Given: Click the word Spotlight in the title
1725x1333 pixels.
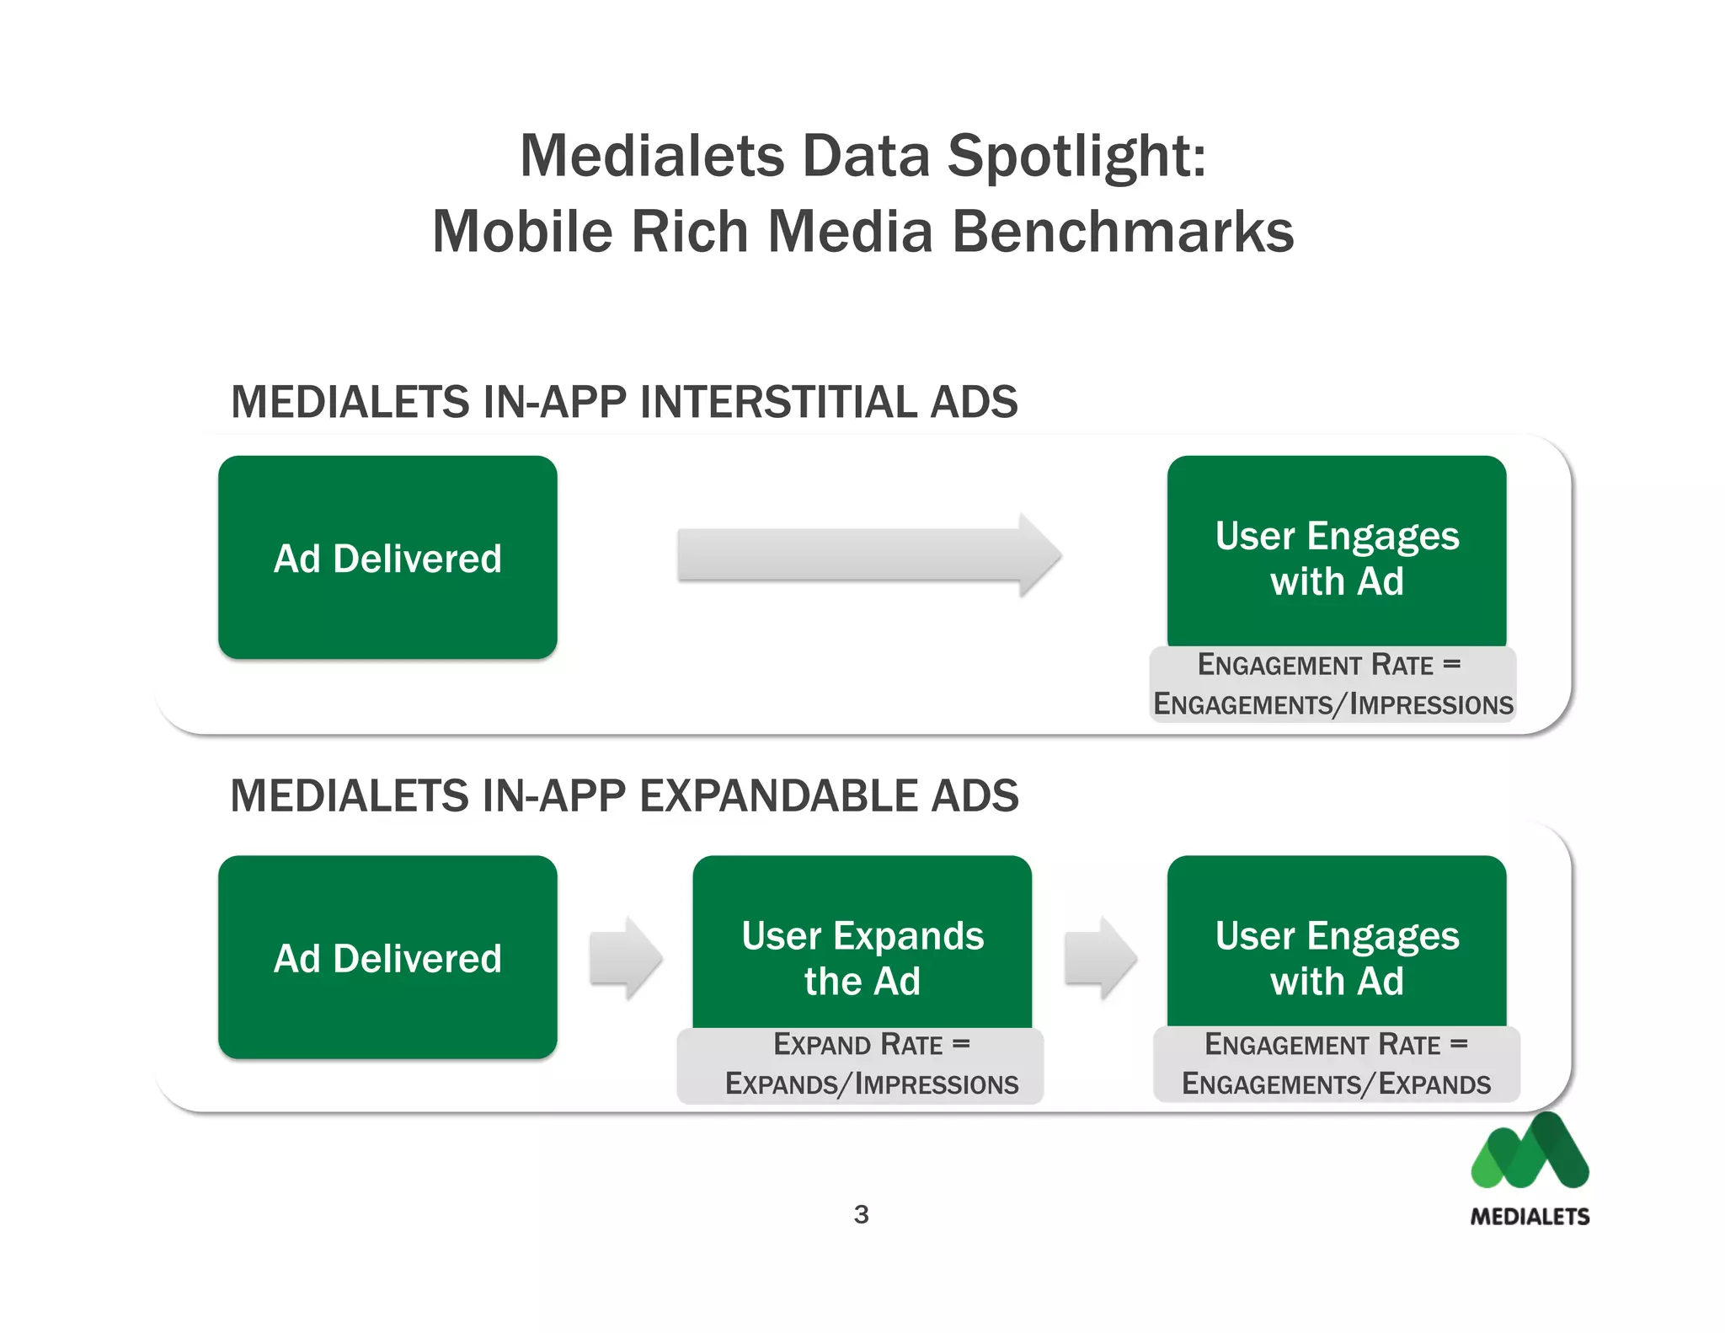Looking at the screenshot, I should pyautogui.click(x=1076, y=158).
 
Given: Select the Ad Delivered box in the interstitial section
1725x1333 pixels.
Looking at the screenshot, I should pyautogui.click(x=387, y=557).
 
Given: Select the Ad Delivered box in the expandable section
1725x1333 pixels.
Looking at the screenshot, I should pyautogui.click(x=387, y=957).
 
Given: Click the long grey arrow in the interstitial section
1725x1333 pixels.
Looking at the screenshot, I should pyautogui.click(x=868, y=555).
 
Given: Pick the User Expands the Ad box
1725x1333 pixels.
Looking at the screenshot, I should pyautogui.click(x=862, y=944).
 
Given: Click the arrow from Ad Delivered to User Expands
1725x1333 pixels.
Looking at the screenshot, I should pyautogui.click(x=626, y=959).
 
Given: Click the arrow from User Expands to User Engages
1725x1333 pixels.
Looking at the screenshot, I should pyautogui.click(x=1100, y=959).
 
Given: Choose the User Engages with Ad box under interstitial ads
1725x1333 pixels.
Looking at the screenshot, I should pyautogui.click(x=1337, y=552).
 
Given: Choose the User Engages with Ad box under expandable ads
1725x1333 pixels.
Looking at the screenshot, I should pyautogui.click(x=1337, y=944).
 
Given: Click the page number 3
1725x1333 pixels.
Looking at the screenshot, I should pyautogui.click(x=861, y=1214).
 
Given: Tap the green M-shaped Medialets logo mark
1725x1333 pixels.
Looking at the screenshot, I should pyautogui.click(x=1530, y=1152).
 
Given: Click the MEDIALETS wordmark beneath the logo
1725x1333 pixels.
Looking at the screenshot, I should pyautogui.click(x=1530, y=1216).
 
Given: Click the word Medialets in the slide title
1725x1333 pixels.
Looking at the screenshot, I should pyautogui.click(x=653, y=158).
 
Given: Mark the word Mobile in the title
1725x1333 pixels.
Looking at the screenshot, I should pyautogui.click(x=523, y=232).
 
